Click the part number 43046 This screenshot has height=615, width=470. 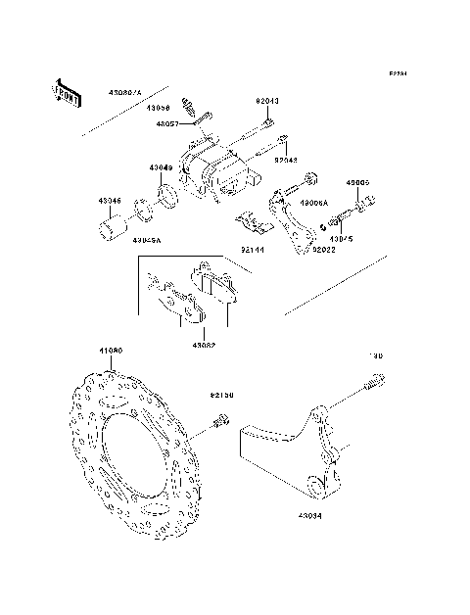(110, 200)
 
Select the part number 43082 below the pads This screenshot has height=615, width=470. (204, 344)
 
